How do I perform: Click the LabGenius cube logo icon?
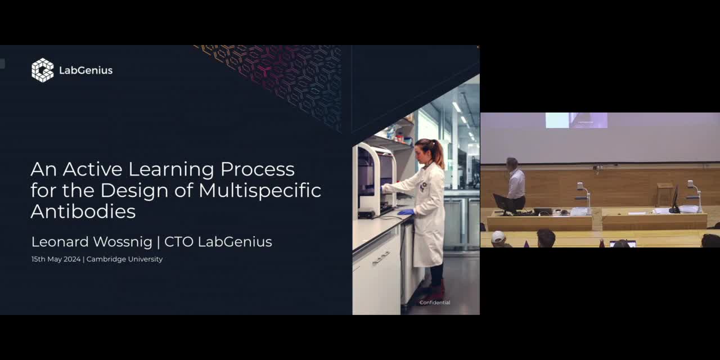(42, 70)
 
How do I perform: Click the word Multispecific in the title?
(260, 190)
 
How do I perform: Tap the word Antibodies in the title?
(83, 211)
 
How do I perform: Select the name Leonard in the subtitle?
(60, 242)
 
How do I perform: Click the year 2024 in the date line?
(72, 259)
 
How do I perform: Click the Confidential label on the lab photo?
(435, 303)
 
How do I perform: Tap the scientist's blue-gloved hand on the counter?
(406, 212)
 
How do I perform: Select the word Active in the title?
(93, 169)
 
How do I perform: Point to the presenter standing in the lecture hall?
(516, 184)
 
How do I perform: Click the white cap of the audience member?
(498, 237)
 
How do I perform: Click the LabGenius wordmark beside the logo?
(86, 70)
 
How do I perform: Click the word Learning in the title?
(172, 170)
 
